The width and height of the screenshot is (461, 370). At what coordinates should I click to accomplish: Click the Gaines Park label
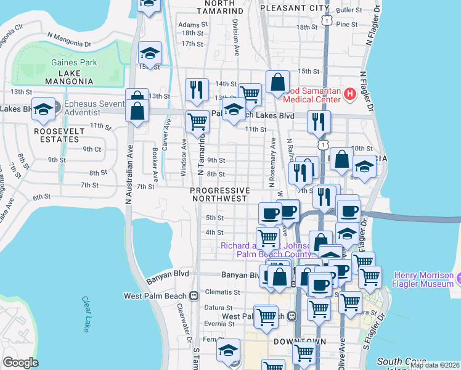click(x=75, y=62)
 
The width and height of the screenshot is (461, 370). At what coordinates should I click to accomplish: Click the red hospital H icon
click(x=350, y=94)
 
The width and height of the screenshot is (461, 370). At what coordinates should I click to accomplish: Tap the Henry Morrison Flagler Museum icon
click(x=457, y=279)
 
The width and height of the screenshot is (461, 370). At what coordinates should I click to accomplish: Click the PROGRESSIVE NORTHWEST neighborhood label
click(x=219, y=194)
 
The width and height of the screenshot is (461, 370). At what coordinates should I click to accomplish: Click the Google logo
click(x=20, y=363)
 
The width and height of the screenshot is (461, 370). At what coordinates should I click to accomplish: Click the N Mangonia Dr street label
click(x=63, y=43)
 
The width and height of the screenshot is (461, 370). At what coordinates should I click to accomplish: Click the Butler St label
click(x=348, y=10)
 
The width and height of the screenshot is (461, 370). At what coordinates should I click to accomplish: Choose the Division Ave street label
click(x=235, y=36)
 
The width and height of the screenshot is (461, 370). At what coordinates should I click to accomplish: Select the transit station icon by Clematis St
click(x=194, y=295)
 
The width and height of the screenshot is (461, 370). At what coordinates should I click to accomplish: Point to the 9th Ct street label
click(x=92, y=149)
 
